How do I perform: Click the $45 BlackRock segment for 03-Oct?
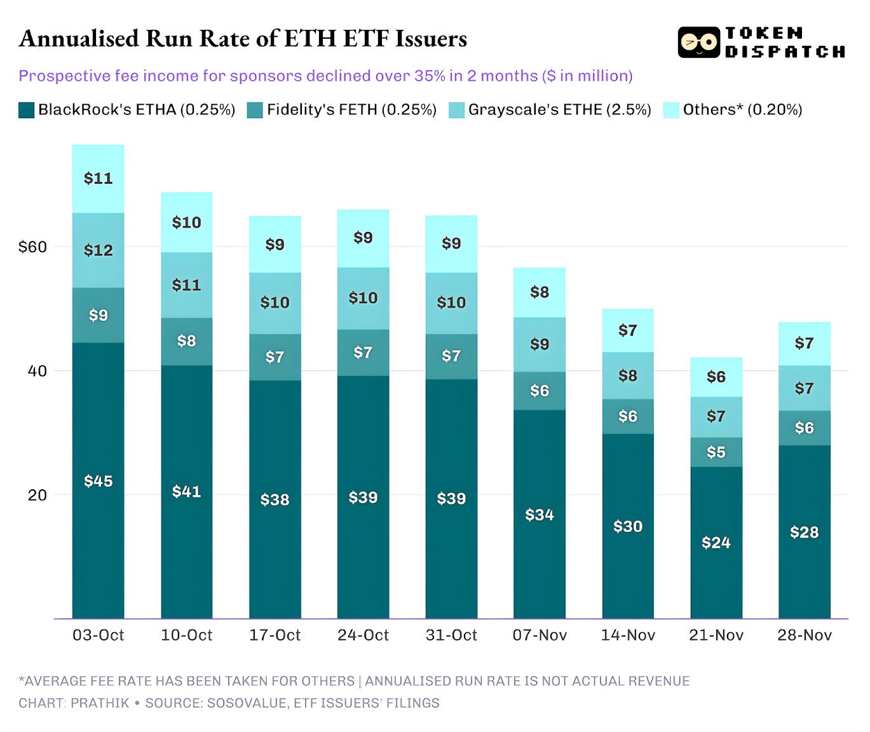click(98, 480)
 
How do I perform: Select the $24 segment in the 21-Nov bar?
click(716, 542)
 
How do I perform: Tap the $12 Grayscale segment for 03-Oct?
click(98, 250)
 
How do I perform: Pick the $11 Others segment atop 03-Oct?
click(98, 178)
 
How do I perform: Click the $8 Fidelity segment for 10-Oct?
click(186, 341)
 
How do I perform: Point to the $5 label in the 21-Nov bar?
click(716, 452)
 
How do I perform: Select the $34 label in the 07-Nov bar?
click(539, 514)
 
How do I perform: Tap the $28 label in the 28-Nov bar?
click(804, 532)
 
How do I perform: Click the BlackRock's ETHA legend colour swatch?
click(26, 110)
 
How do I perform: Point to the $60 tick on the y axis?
click(32, 247)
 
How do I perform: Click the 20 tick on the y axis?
click(37, 495)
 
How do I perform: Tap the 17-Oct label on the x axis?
click(275, 635)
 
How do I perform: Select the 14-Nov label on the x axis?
click(627, 635)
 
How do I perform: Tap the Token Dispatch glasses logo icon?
click(698, 43)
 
